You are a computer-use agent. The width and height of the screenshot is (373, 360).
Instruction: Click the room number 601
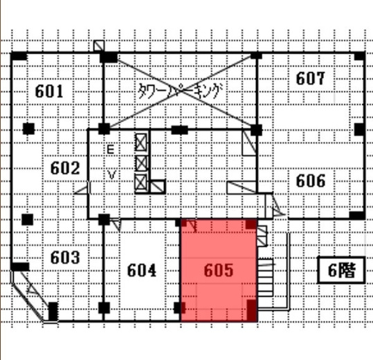click(x=49, y=91)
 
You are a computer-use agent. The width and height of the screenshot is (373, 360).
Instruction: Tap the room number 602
click(x=65, y=168)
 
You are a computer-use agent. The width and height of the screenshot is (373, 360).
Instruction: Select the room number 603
click(x=65, y=258)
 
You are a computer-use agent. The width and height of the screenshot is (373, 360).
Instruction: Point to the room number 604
click(x=142, y=270)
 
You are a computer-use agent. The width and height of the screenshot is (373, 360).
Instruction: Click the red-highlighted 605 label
click(x=219, y=270)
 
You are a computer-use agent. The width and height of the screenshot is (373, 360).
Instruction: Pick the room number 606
click(x=311, y=181)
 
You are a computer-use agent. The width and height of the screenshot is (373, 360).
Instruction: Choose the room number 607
click(x=310, y=78)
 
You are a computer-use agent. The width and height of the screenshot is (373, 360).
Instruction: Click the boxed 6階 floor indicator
click(x=341, y=270)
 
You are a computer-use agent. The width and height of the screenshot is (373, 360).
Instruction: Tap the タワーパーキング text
click(x=181, y=91)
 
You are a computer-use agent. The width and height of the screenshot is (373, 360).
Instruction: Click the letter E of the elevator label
click(x=111, y=150)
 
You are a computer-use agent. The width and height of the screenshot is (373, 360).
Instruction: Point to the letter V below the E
click(x=111, y=175)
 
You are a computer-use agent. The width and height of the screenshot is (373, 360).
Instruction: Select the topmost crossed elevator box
click(x=141, y=143)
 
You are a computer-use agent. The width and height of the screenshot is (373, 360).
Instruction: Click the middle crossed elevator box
click(x=141, y=163)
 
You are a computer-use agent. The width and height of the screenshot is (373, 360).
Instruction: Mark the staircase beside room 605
click(x=266, y=278)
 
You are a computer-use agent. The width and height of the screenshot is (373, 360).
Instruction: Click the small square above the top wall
click(x=99, y=46)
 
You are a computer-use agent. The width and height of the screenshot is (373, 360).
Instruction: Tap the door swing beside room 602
click(x=82, y=188)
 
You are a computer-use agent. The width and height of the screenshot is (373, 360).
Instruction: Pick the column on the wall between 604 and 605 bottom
click(x=180, y=307)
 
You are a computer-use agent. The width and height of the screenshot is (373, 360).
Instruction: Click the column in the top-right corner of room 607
click(x=359, y=56)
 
